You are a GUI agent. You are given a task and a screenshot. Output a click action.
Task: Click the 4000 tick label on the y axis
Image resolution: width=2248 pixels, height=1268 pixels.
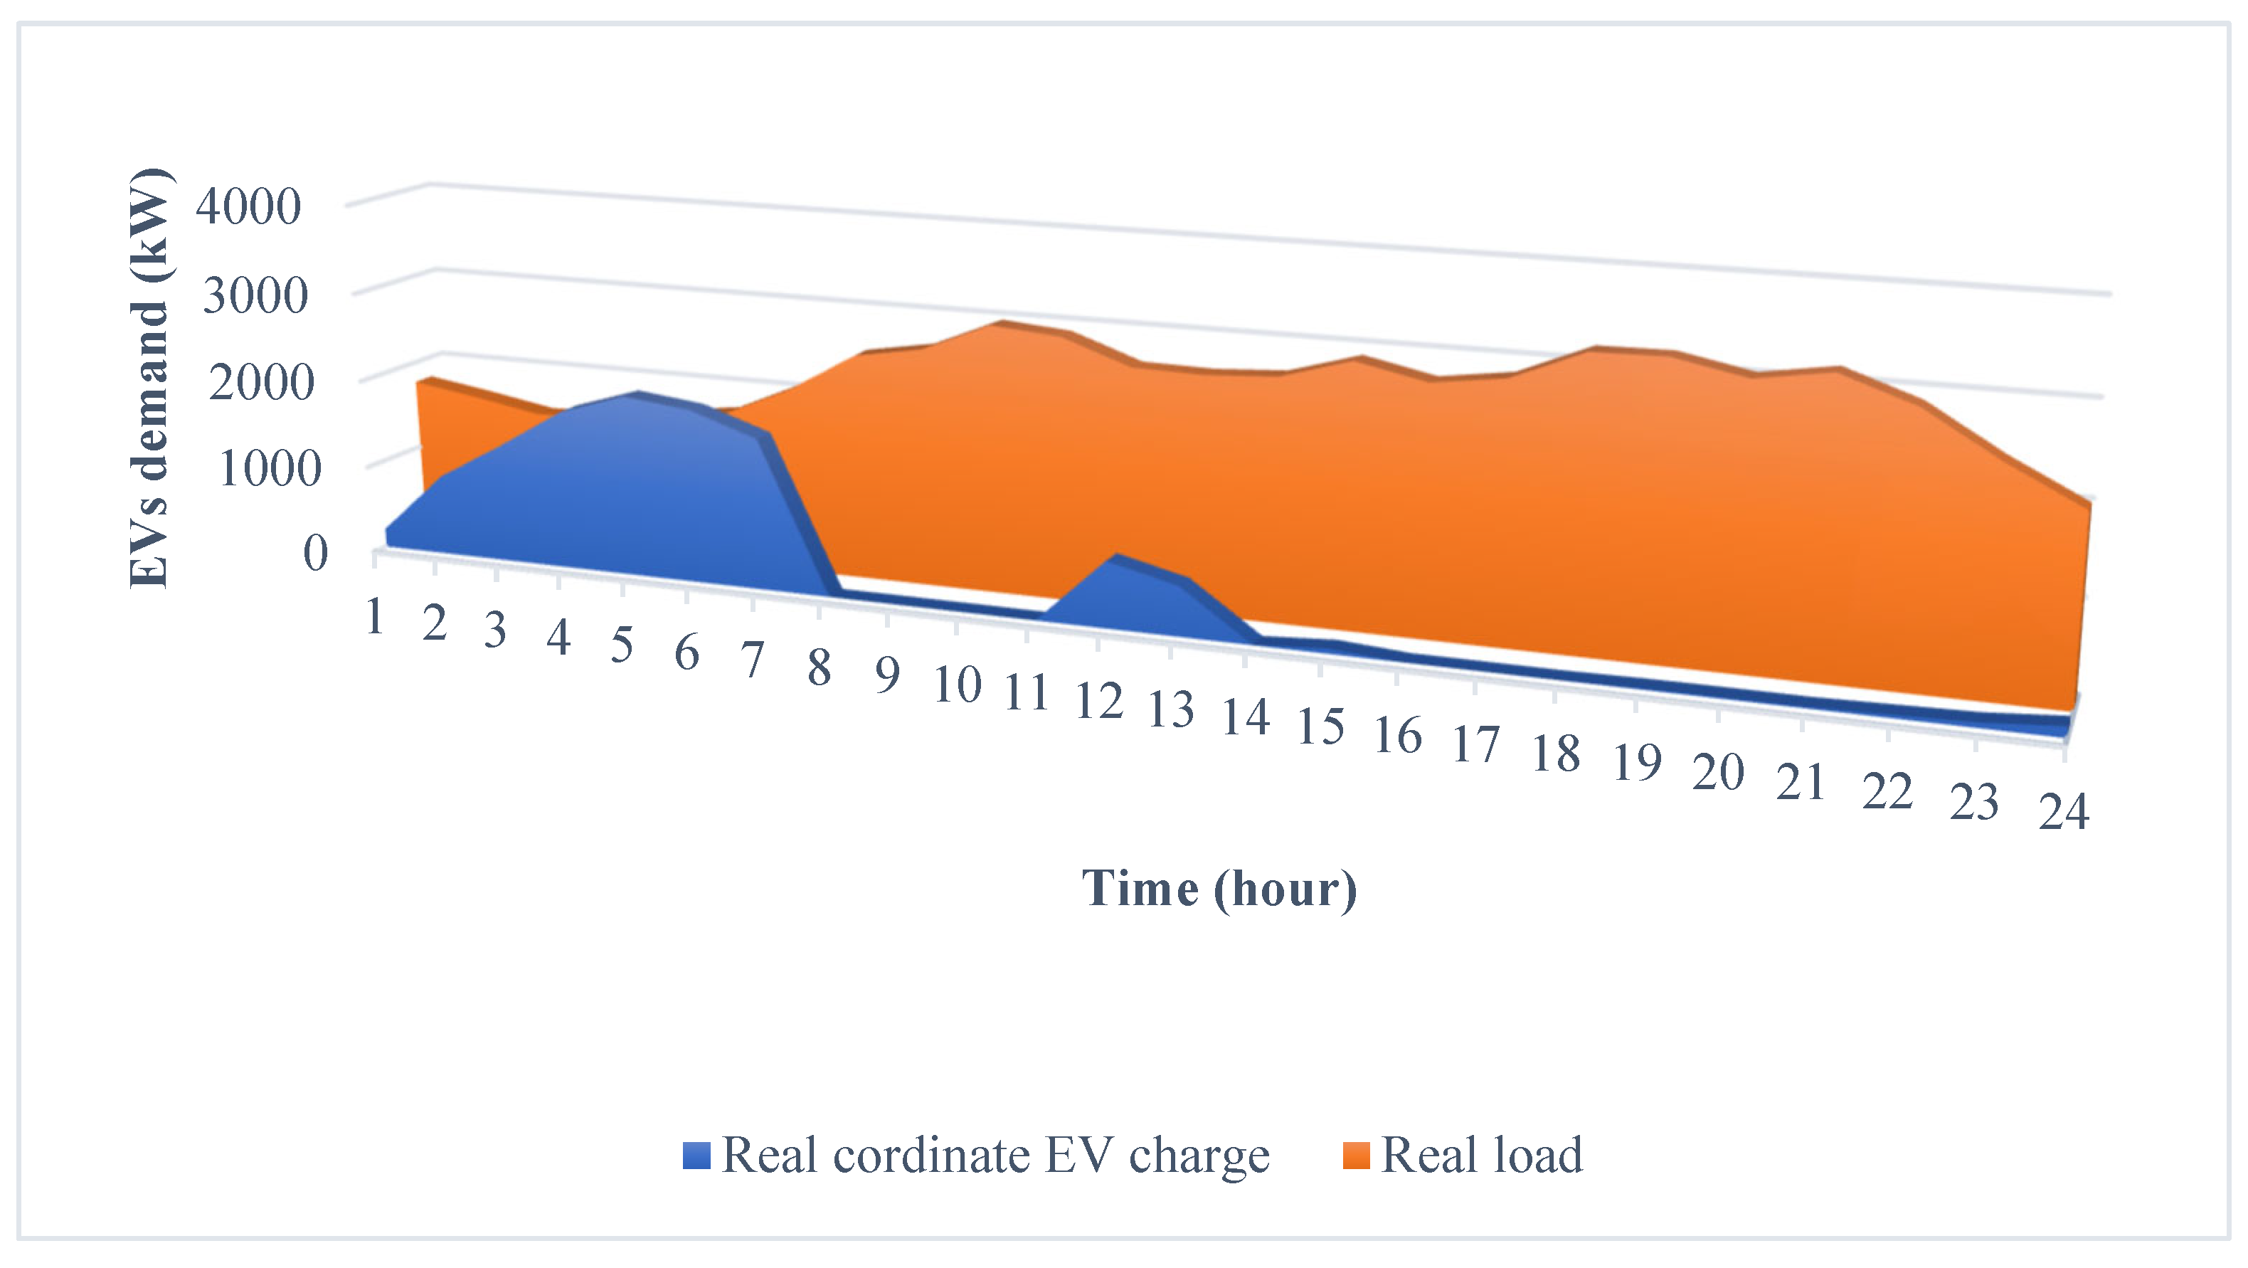tap(248, 207)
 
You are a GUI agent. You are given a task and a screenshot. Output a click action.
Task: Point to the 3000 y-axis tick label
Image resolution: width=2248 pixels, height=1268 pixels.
tap(255, 295)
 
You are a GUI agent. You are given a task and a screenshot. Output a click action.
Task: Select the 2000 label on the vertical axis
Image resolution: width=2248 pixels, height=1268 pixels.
tap(261, 382)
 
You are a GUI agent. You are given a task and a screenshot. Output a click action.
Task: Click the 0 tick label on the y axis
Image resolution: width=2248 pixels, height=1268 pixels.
tap(315, 552)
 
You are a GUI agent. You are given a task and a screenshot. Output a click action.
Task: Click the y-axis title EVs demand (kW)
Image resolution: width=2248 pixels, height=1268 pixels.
tap(149, 377)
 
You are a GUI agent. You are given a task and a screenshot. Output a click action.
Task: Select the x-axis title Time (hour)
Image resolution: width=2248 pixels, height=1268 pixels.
tap(1219, 889)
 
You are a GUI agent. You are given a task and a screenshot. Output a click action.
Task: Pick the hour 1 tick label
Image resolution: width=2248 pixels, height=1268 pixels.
tap(375, 617)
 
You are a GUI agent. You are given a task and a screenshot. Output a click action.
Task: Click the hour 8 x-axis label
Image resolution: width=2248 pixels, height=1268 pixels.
tap(819, 668)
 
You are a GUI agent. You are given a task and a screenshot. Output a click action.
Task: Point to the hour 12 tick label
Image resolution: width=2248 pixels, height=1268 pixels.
tap(1098, 702)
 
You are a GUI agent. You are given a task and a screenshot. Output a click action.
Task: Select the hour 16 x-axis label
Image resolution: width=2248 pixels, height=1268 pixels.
tap(1398, 736)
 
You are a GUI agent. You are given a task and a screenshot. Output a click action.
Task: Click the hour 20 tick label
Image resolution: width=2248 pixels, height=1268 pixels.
tap(1717, 772)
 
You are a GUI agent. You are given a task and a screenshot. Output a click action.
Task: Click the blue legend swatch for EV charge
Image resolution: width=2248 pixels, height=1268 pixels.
tap(696, 1156)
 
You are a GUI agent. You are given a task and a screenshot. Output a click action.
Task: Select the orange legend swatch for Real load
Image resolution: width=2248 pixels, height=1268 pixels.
tap(1355, 1156)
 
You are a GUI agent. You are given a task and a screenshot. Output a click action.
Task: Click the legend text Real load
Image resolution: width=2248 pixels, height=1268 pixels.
tap(1482, 1156)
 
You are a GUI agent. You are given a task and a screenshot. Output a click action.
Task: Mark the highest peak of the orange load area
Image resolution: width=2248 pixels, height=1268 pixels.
tap(1001, 324)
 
